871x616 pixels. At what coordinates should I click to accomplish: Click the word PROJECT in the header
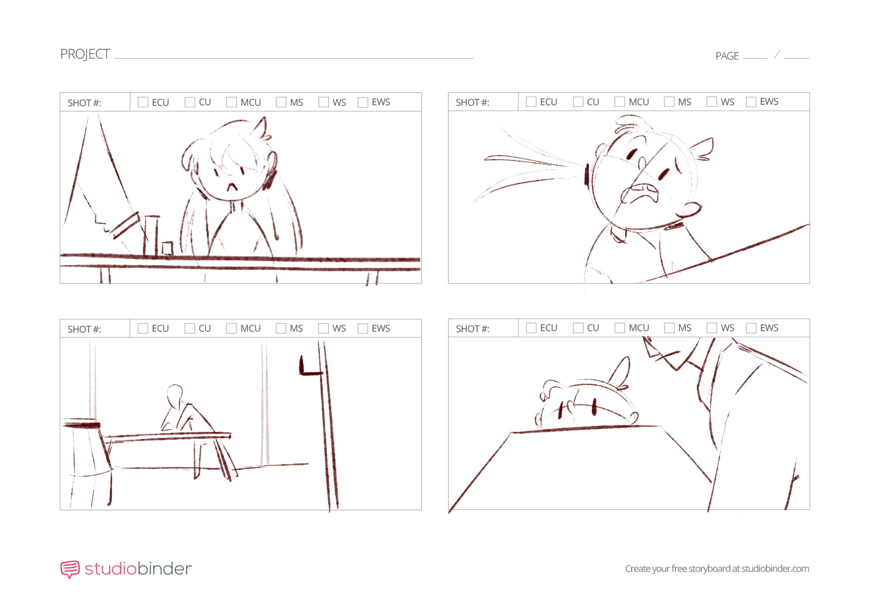(x=85, y=54)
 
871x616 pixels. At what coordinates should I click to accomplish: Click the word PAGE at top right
(x=727, y=56)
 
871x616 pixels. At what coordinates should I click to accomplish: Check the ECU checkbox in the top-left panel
(x=143, y=102)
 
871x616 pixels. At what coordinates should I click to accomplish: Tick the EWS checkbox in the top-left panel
(x=363, y=102)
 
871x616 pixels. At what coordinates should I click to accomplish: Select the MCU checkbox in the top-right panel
(x=620, y=102)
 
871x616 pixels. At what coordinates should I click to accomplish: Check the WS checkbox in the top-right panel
(x=712, y=102)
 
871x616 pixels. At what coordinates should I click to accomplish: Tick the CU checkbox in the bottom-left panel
(x=190, y=329)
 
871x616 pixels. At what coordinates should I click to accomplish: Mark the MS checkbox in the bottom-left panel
(x=281, y=329)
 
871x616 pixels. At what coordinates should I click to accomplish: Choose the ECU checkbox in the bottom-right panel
(x=531, y=328)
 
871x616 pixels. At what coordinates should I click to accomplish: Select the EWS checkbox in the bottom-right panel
(x=751, y=328)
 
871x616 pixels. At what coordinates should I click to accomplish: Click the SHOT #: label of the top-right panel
(x=472, y=103)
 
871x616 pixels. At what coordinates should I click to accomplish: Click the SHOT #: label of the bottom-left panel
(x=84, y=329)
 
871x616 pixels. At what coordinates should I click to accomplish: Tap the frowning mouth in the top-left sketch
(x=232, y=187)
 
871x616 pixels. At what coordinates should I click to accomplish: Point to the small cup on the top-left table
(x=167, y=248)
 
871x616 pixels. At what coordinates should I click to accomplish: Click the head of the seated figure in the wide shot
(x=175, y=395)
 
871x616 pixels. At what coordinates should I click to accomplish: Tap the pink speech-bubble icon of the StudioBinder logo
(x=70, y=569)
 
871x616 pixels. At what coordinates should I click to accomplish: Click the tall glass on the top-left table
(x=151, y=236)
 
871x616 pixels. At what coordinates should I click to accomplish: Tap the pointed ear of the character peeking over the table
(x=621, y=372)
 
